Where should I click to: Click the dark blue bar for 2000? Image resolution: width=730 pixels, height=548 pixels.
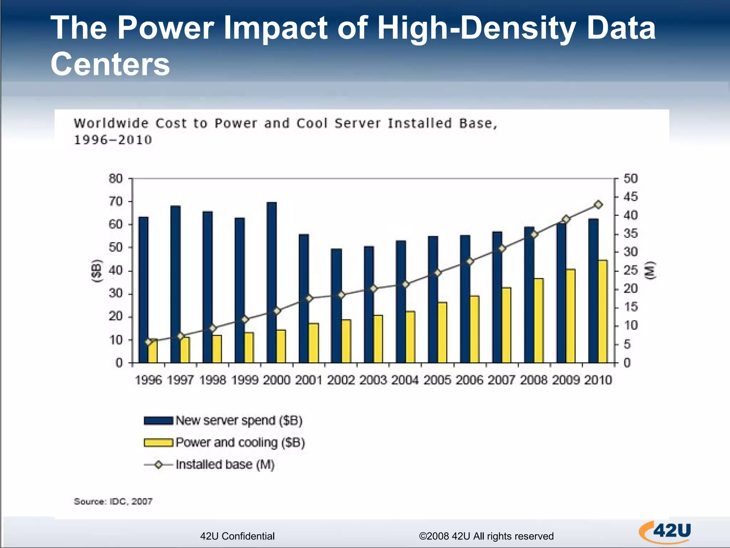(x=272, y=282)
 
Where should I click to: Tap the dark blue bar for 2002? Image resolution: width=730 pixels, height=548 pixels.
(x=336, y=305)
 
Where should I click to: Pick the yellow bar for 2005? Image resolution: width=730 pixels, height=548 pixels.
(x=442, y=332)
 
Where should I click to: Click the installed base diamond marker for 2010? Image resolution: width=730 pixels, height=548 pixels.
(x=598, y=205)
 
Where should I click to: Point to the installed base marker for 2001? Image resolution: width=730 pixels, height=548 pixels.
(x=309, y=298)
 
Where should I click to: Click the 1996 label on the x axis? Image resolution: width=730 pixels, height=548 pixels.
(x=149, y=380)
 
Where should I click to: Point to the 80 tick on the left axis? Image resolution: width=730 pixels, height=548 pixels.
(x=115, y=178)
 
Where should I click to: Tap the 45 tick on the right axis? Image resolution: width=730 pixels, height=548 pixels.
(x=630, y=197)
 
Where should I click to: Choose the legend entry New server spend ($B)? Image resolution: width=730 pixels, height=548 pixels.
(x=239, y=421)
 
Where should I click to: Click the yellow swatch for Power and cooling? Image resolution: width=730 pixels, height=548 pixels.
(x=159, y=443)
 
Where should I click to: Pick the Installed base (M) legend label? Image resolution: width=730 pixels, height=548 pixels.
(x=225, y=465)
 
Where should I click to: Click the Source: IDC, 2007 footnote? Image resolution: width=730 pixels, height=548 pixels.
(x=113, y=502)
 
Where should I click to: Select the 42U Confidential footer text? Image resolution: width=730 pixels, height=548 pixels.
(x=237, y=536)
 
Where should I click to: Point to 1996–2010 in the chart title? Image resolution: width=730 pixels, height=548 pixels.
(x=113, y=140)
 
